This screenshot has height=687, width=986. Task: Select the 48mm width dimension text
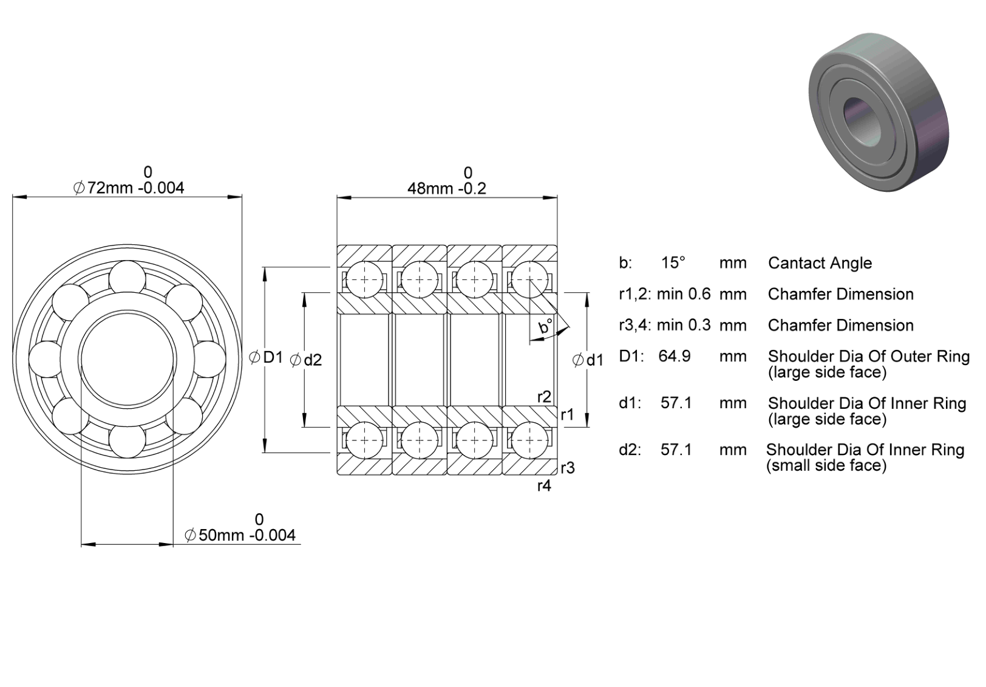447,188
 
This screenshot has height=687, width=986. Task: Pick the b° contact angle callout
546,326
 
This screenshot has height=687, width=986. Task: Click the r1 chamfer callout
568,414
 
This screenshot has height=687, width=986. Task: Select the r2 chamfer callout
544,397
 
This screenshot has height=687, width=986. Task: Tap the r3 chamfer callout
568,468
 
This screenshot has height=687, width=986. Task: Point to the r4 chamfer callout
544,486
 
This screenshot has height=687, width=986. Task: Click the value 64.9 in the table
675,356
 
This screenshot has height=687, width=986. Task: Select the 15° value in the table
673,262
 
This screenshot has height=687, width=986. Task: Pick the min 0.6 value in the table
684,294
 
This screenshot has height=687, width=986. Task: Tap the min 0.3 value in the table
684,325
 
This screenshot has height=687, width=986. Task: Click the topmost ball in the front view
127,278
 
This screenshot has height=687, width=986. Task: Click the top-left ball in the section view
364,279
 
